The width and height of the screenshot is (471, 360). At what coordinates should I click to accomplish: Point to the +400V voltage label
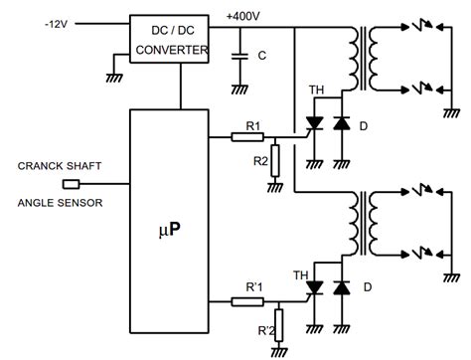tap(245, 14)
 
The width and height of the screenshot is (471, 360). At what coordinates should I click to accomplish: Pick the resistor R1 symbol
tap(247, 136)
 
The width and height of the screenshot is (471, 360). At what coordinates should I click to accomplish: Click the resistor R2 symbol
tap(275, 158)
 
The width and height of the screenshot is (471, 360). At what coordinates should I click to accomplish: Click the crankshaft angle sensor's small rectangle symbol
tap(71, 184)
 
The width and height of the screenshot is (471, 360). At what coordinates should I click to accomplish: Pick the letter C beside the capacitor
tap(260, 56)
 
